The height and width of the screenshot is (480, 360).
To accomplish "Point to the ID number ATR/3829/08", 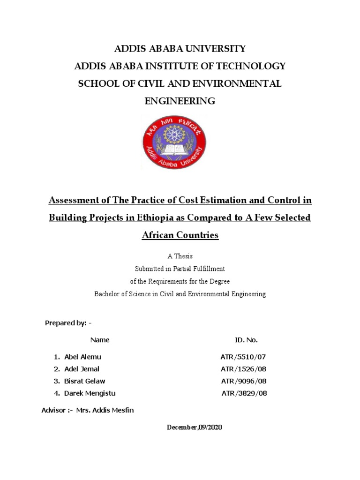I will click(x=244, y=393).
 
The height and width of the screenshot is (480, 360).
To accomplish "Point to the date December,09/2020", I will click(x=195, y=427).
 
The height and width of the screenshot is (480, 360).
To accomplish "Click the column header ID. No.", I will click(x=246, y=340).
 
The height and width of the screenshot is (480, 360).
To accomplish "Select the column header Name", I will click(x=100, y=340).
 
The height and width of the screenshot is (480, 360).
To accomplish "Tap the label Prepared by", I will click(x=66, y=323).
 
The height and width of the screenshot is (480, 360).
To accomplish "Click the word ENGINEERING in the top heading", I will click(x=180, y=101).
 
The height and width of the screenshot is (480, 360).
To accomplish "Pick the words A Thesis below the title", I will click(x=180, y=256).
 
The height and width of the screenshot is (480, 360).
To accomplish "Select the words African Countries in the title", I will click(x=180, y=235).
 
